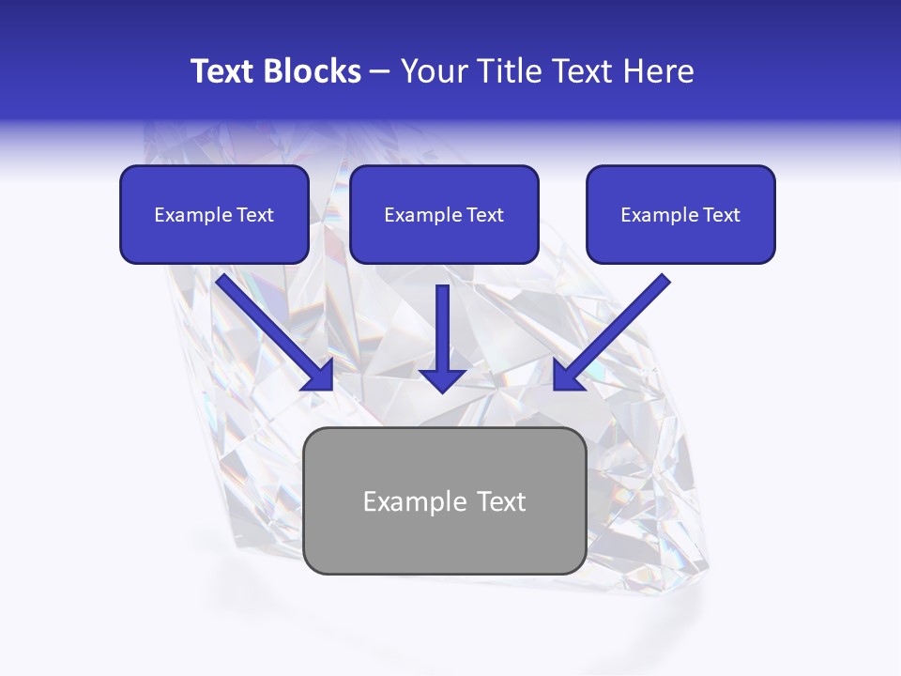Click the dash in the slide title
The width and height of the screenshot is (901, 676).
[x=380, y=71]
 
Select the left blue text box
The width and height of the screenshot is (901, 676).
[x=214, y=214]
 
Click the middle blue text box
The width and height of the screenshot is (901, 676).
[x=444, y=214]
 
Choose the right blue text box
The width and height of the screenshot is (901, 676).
[x=680, y=214]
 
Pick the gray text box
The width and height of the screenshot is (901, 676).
[x=444, y=500]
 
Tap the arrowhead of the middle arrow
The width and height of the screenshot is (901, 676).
[x=443, y=379]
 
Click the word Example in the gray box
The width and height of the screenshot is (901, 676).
[x=409, y=501]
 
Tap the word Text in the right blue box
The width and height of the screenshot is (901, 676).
[x=721, y=215]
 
